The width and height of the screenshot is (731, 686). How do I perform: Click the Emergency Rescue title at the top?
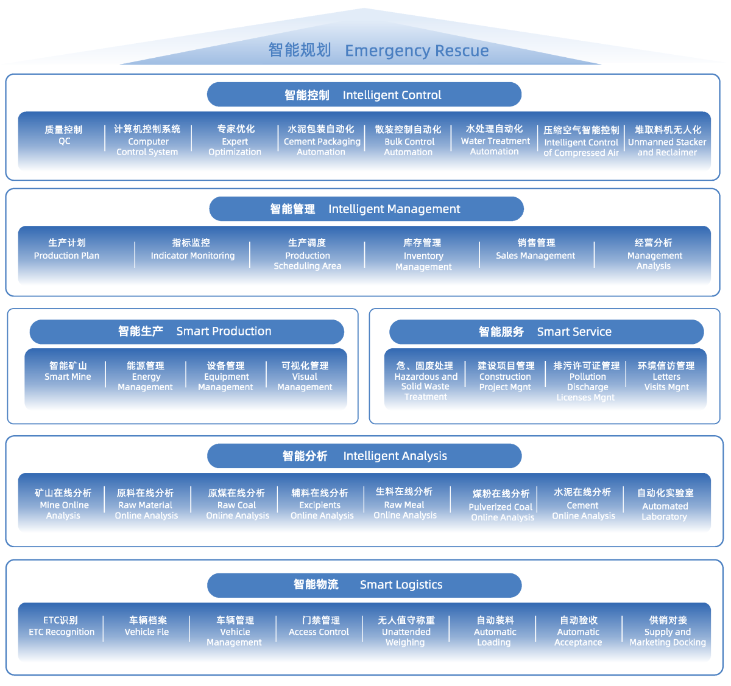click(x=378, y=51)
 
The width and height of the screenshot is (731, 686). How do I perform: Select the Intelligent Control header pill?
click(x=364, y=95)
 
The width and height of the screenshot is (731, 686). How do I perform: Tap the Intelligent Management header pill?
click(x=366, y=209)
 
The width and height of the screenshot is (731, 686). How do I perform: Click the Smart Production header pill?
click(x=186, y=331)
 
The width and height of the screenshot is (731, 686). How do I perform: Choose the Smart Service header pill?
click(x=546, y=332)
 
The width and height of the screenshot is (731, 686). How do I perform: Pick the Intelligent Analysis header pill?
click(x=364, y=456)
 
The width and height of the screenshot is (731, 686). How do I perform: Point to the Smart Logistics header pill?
click(x=364, y=584)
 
